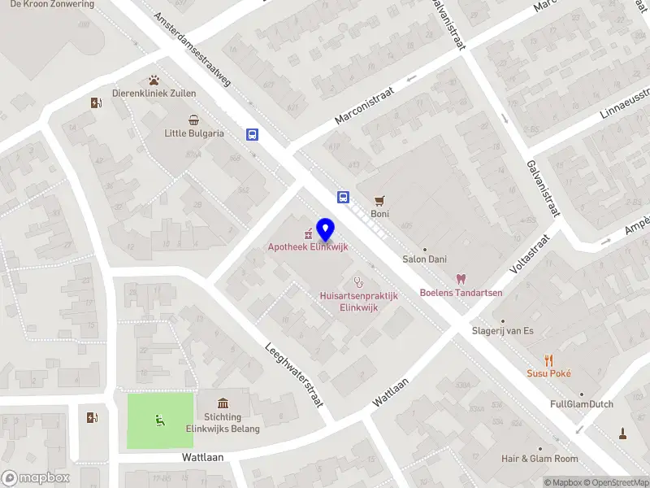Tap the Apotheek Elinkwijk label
coord(309,247)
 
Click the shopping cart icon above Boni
coord(379,200)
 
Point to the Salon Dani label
coord(424,259)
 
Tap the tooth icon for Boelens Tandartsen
coord(461,279)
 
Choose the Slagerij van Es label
coord(503,330)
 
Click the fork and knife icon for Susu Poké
coord(549,359)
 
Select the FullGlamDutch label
coord(581,404)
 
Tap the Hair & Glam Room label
coord(539,459)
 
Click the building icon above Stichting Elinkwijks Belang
coord(223,403)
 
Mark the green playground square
coord(160,420)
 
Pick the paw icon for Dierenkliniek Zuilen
coord(154,80)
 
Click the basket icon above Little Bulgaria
coord(193,120)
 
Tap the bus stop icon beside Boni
coord(344,197)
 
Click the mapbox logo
coord(34,477)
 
